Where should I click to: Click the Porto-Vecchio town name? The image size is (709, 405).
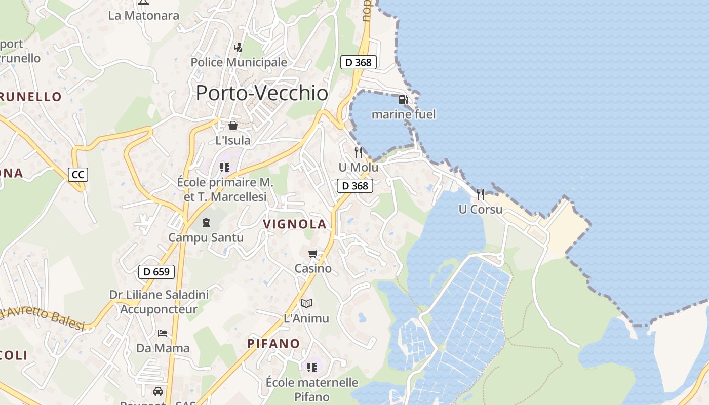point(262,93)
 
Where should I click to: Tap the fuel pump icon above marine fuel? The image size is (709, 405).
point(403,100)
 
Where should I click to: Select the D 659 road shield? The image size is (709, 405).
point(156,272)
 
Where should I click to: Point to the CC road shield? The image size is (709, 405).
point(78,175)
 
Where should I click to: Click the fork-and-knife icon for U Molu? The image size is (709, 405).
point(359,152)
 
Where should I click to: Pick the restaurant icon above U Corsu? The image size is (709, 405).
point(481,194)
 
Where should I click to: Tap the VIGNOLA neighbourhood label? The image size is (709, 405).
point(295,224)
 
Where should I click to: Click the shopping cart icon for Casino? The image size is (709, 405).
point(313,254)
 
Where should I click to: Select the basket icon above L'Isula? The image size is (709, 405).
point(233,126)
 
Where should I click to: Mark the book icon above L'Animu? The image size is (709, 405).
point(306,303)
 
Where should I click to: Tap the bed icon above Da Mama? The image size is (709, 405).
point(163,333)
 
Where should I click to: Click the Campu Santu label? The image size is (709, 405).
point(206,237)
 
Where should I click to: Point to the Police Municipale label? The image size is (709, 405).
point(239,62)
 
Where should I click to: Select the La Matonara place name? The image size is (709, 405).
point(144,15)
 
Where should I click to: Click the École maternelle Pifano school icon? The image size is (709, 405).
point(311,367)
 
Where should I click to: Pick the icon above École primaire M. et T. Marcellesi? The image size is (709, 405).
point(225,167)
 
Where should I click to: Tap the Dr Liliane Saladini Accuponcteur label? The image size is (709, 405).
point(159,302)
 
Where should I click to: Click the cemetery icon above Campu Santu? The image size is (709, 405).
point(206,222)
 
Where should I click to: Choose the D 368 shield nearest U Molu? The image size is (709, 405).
point(355,186)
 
